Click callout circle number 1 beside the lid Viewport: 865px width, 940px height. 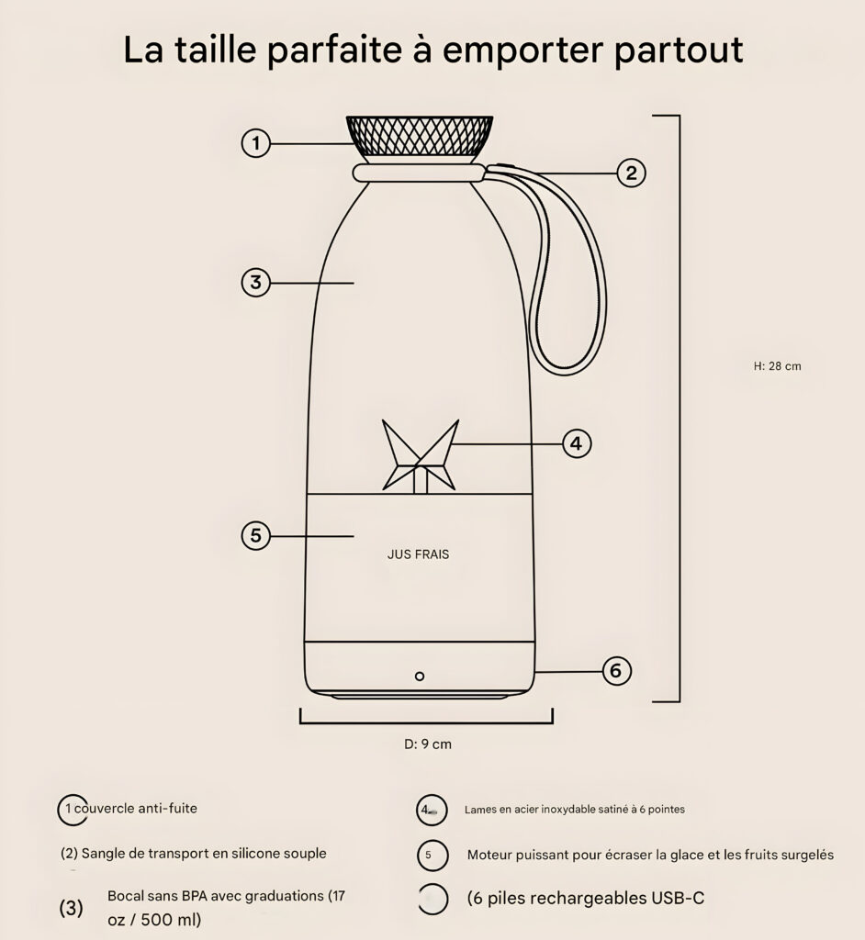[255, 143]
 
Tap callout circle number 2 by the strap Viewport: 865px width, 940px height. [631, 173]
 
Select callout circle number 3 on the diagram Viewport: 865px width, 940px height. [255, 282]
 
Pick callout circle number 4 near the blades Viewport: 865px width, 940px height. [577, 443]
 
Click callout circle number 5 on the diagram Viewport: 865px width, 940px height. [255, 535]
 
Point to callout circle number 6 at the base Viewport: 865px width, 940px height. [616, 670]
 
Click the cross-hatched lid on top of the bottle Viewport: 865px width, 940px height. [420, 137]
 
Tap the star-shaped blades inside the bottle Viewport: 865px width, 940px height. [421, 456]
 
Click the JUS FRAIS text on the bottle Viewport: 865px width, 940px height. [418, 554]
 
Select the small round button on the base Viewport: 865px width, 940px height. [420, 677]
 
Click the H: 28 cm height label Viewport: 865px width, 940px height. [778, 366]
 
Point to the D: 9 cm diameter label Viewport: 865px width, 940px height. [428, 744]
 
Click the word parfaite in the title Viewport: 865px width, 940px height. [334, 50]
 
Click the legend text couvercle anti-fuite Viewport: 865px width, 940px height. [136, 808]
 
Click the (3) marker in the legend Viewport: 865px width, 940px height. [71, 908]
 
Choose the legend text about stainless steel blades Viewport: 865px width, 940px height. [575, 810]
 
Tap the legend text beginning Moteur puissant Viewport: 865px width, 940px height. [650, 855]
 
